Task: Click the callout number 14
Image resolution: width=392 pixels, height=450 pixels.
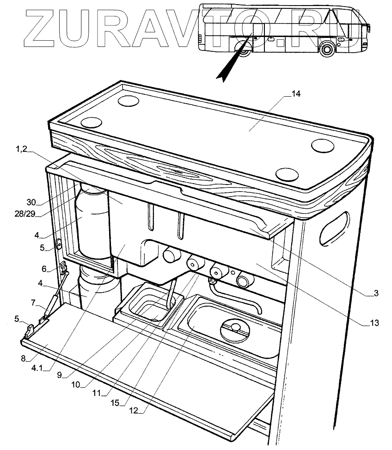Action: point(296,93)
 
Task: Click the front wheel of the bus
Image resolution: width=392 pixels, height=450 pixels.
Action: point(328,48)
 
